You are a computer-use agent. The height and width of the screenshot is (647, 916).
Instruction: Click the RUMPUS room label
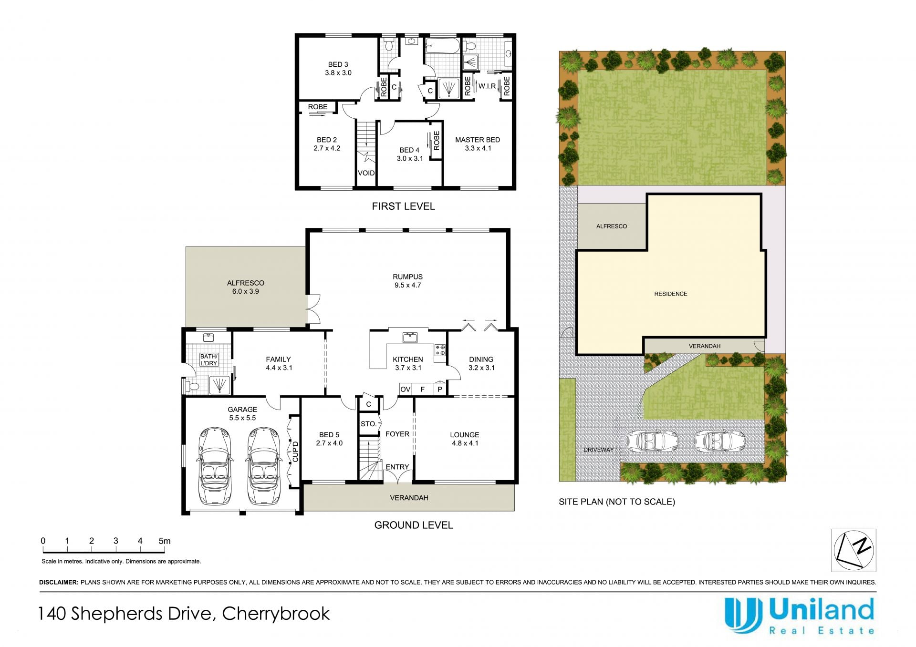[x=407, y=277]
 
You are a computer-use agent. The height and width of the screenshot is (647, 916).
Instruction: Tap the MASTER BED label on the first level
[x=478, y=140]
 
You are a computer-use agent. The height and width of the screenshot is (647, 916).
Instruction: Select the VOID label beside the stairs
[x=366, y=173]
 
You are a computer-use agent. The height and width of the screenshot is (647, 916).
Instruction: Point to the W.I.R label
[x=487, y=86]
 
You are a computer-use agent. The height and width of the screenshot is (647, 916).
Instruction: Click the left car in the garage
[x=215, y=466]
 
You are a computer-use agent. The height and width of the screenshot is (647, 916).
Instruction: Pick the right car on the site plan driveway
[x=719, y=441]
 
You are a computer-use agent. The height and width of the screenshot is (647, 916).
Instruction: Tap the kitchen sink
[x=410, y=338]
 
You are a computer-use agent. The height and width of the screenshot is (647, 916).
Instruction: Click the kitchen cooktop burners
[x=440, y=350]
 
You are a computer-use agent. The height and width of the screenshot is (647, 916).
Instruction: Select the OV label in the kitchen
[x=405, y=390]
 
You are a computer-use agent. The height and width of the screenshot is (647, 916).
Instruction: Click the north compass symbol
[x=854, y=550]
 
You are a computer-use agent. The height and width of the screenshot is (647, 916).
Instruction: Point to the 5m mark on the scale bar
[x=164, y=541]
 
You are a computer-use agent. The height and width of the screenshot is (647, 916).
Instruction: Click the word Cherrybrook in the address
[x=276, y=614]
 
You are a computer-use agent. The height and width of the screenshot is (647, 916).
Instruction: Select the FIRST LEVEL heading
[x=403, y=206]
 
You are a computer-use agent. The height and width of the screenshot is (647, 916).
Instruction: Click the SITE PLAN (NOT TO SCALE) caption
[x=617, y=502]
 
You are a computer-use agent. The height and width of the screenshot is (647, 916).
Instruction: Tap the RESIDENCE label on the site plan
[x=670, y=294]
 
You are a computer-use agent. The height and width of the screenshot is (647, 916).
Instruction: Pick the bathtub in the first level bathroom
[x=442, y=46]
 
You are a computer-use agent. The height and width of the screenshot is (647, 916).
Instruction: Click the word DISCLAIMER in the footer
[x=59, y=582]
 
